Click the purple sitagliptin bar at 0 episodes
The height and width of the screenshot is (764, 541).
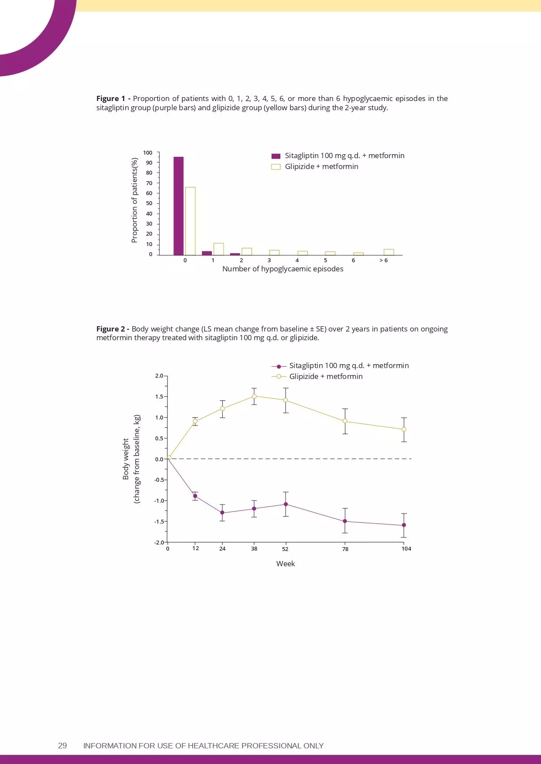178,206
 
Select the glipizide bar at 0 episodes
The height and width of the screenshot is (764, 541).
190,221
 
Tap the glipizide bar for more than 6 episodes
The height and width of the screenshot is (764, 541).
388,252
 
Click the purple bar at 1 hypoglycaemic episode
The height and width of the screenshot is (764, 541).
207,253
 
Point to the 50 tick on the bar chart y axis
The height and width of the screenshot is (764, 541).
149,203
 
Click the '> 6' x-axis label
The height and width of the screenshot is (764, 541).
383,260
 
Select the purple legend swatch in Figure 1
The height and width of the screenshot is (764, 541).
276,156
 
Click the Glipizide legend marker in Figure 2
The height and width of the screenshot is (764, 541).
279,376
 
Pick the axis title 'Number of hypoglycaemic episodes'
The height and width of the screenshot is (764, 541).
282,269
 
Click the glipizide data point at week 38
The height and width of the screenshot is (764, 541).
254,396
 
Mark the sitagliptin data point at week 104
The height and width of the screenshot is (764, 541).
404,525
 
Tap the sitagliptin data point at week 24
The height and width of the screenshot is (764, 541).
222,513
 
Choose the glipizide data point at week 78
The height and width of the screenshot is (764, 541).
345,421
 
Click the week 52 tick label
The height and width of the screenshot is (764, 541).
285,549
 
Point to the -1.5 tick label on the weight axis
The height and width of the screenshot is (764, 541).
160,521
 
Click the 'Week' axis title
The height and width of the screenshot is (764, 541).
286,564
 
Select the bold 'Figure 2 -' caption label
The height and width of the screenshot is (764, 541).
112,329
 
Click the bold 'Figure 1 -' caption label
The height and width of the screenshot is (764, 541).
113,98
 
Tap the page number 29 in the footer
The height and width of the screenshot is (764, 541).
62,745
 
